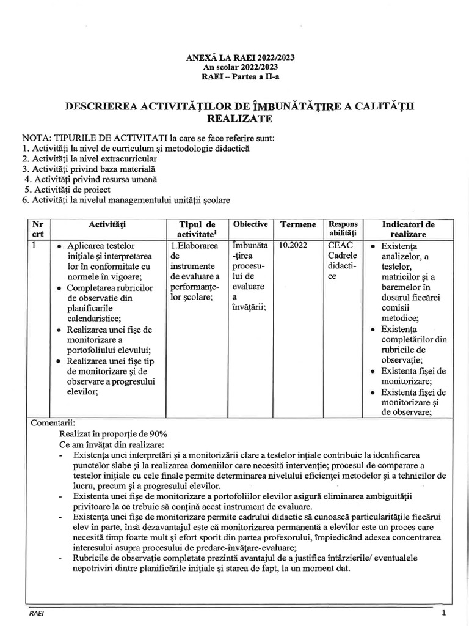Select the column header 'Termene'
click(x=297, y=225)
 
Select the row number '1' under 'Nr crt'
click(x=35, y=245)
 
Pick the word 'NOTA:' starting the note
click(x=38, y=138)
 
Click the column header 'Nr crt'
click(x=38, y=229)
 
